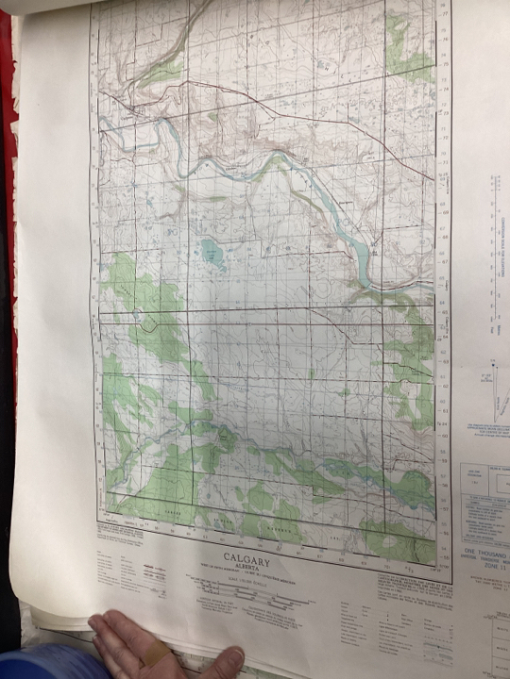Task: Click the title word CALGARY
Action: click(x=247, y=560)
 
